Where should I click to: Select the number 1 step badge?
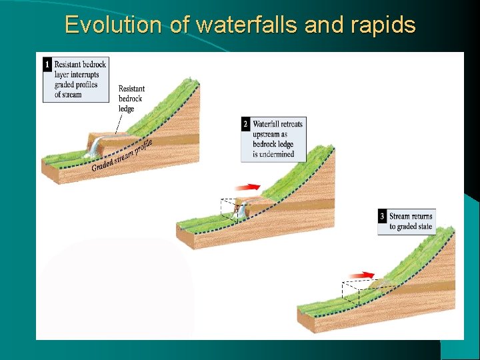47,65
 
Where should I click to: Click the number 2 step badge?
246,125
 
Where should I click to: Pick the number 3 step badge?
383,217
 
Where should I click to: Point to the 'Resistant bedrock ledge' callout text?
131,99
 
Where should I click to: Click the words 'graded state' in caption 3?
415,227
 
